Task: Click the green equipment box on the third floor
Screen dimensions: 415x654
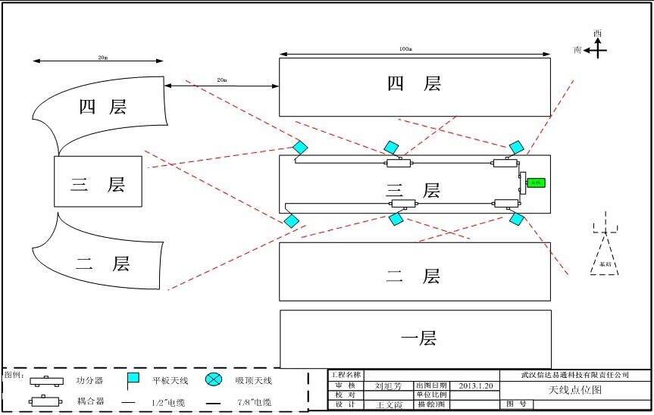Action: [x=536, y=183]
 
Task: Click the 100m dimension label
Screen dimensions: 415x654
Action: [x=405, y=49]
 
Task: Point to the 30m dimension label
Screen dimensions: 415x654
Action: [x=102, y=58]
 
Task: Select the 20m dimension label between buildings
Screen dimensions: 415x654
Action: [x=222, y=80]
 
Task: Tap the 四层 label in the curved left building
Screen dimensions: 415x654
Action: [x=102, y=107]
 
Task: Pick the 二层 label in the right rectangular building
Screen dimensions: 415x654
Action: [x=413, y=276]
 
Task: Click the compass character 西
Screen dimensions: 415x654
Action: [x=597, y=33]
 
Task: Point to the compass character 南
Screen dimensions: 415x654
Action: [x=578, y=50]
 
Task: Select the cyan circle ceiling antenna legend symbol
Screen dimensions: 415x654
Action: [x=214, y=379]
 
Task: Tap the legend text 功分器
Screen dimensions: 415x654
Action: [x=89, y=380]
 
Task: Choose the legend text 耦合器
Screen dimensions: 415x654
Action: [x=89, y=401]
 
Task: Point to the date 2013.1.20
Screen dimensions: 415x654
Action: [x=476, y=385]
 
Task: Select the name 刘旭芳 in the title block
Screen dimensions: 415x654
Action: [x=389, y=385]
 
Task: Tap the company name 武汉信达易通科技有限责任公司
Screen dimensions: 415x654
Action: [x=575, y=375]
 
